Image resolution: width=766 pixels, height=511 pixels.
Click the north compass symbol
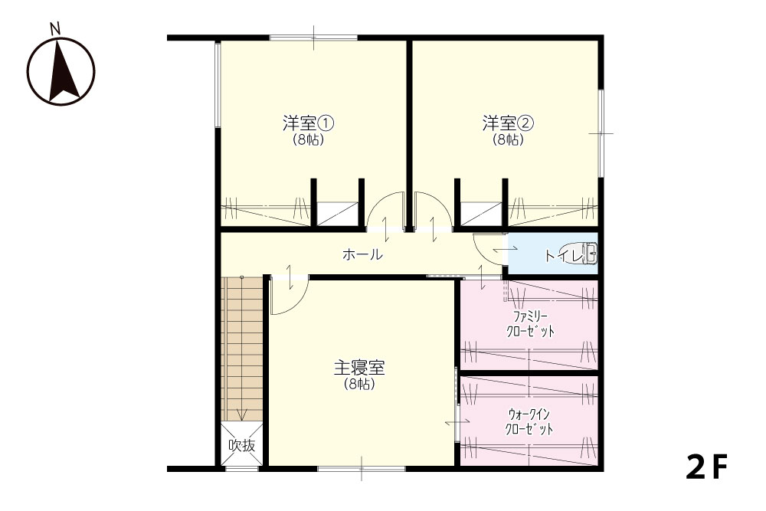[61, 70]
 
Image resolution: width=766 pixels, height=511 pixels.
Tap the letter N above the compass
[55, 29]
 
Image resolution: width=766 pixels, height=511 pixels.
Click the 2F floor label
[706, 467]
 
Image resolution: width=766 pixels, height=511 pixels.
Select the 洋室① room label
[308, 123]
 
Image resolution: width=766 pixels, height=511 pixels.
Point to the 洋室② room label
[508, 123]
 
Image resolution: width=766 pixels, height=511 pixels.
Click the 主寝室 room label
[359, 368]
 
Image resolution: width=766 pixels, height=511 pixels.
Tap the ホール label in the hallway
[362, 254]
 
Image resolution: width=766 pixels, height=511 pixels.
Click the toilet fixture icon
[578, 254]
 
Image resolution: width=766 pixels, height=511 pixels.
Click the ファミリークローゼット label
[530, 323]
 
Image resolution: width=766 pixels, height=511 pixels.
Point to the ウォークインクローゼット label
[529, 421]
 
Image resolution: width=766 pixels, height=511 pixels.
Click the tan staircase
[242, 349]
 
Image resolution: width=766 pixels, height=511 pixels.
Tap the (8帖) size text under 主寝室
[359, 385]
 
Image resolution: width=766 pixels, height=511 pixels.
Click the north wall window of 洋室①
[313, 38]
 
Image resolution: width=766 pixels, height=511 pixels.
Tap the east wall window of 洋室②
[601, 133]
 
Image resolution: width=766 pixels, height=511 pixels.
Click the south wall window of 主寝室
[362, 469]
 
